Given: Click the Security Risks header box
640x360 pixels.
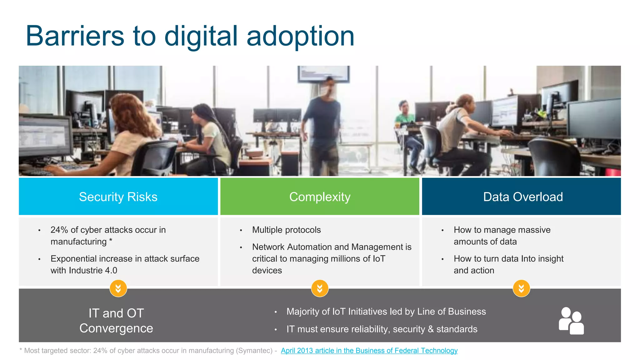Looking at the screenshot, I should pos(118,197).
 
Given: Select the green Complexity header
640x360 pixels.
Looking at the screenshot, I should pos(320,197).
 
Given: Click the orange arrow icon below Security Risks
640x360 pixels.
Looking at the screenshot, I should pos(118,288).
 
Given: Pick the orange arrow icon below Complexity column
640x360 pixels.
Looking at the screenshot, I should pos(320,288).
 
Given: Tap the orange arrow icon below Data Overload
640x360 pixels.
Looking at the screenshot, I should pos(521,288).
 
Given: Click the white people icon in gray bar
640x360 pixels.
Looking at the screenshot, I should pos(571,321).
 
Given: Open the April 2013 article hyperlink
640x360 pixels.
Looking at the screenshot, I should pos(369,351).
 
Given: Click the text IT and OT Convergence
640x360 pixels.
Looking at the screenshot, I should pos(116,321).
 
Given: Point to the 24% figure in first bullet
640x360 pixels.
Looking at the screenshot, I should pos(59,230).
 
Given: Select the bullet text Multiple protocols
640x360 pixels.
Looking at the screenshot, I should pos(286,230).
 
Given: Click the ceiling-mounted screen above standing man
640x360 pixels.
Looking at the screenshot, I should pos(323,74).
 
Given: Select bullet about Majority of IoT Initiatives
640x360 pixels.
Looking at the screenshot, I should pos(386,312).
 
